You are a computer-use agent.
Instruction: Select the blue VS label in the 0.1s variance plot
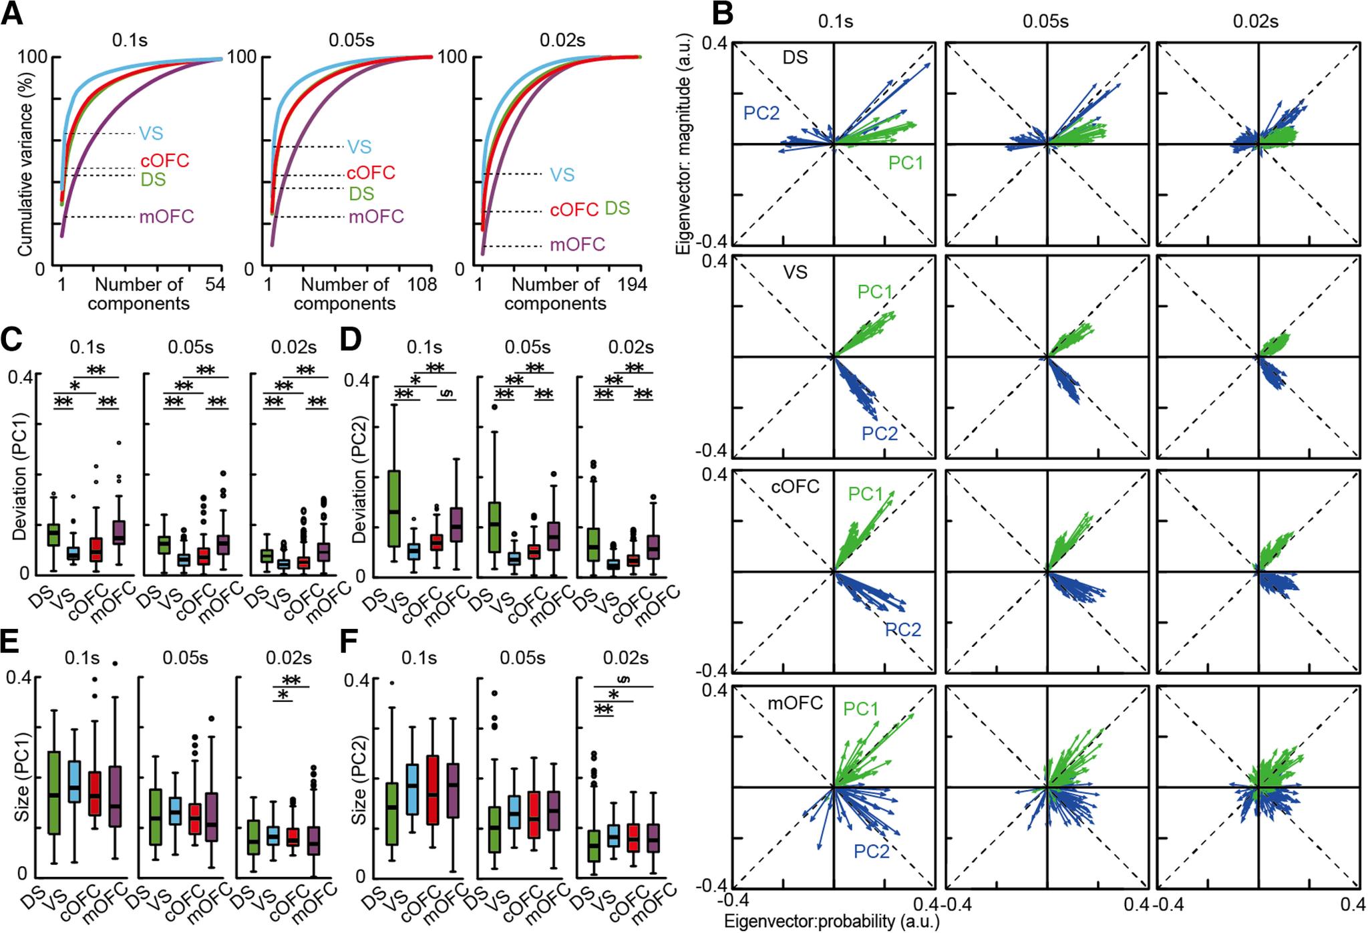pos(151,133)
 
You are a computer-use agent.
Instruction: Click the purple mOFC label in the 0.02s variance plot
pos(577,245)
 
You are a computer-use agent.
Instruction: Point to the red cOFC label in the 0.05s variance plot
pos(371,172)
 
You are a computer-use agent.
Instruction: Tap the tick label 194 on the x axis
pos(632,285)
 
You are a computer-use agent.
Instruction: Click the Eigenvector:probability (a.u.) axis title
pos(832,922)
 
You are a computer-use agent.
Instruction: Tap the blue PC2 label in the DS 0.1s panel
pos(761,113)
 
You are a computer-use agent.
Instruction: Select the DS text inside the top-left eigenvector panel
pos(796,58)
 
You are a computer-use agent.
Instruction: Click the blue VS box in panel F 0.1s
pos(413,789)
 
